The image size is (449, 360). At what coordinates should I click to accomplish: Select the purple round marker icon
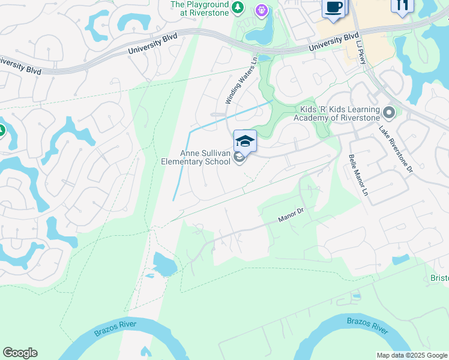(261, 10)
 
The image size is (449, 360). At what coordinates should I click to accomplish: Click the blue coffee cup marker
(333, 7)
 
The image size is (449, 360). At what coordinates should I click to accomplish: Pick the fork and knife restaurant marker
(402, 5)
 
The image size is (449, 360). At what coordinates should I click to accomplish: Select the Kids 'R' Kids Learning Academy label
(336, 113)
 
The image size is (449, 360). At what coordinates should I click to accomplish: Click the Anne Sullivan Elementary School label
(196, 157)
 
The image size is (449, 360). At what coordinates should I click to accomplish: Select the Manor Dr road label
(292, 215)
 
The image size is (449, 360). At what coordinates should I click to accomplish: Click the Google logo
(20, 353)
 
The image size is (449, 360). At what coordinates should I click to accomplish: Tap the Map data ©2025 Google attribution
(412, 355)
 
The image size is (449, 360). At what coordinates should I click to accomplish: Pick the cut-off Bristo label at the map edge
(439, 278)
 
